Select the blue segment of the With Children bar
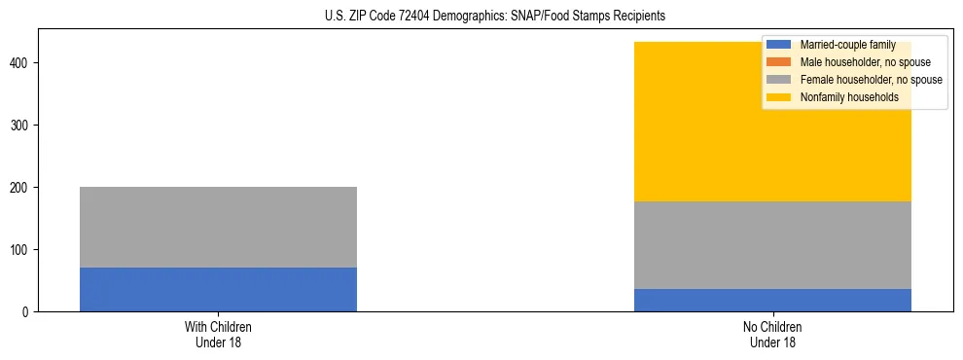point(218,289)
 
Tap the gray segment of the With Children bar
point(218,227)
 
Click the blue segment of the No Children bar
point(772,300)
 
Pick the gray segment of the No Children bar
point(772,245)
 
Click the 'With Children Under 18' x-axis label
point(218,334)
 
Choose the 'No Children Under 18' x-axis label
point(772,334)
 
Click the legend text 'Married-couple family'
point(847,45)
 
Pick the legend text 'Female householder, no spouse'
point(871,80)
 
